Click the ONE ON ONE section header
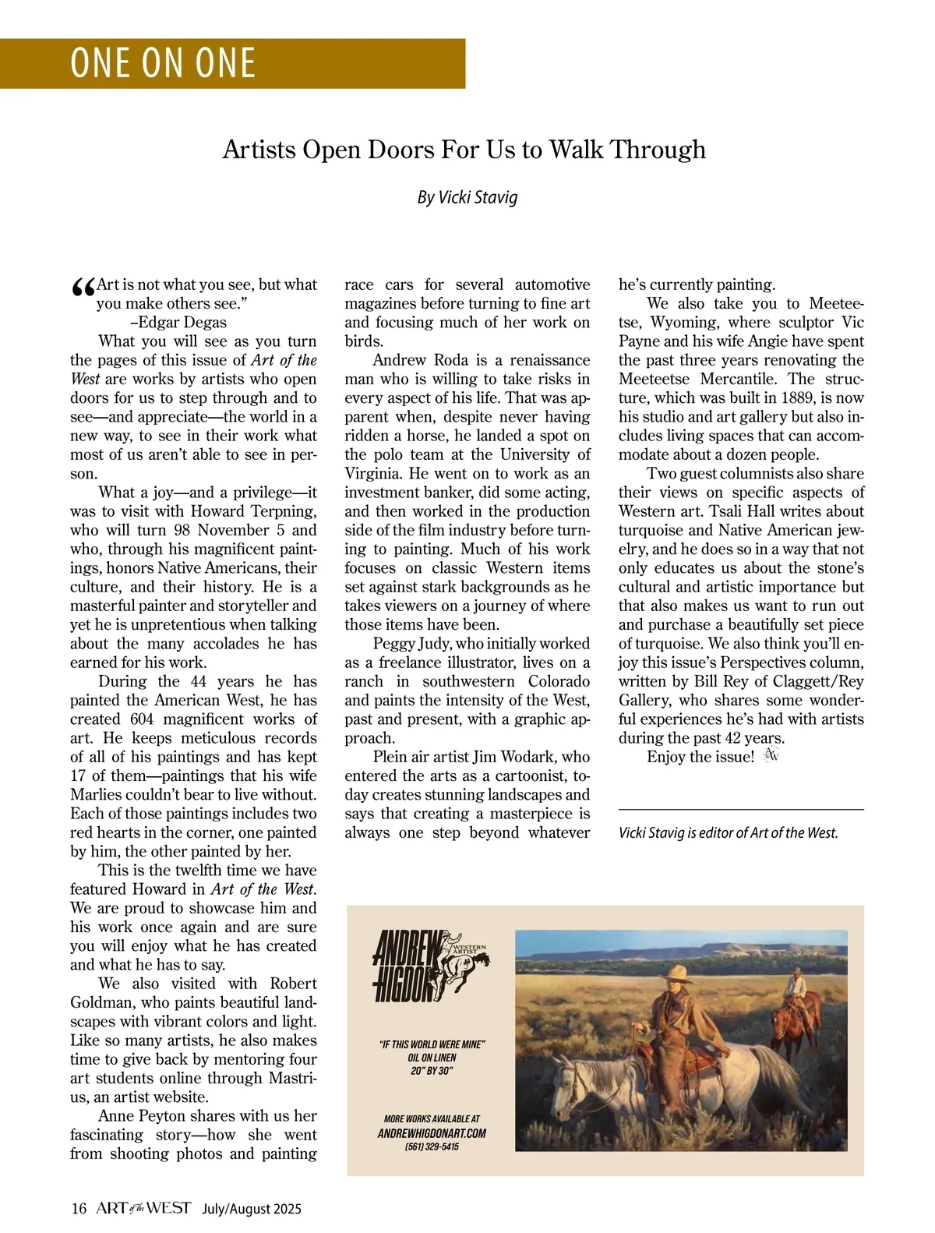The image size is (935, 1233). click(163, 63)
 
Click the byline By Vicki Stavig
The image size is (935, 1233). click(467, 197)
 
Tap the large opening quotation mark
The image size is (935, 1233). click(82, 290)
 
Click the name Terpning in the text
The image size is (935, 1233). click(278, 512)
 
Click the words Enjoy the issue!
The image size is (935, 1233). click(700, 757)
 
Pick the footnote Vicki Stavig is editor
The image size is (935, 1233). click(728, 833)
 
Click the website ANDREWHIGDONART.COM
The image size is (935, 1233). click(432, 1133)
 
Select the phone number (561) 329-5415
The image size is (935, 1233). click(432, 1147)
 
